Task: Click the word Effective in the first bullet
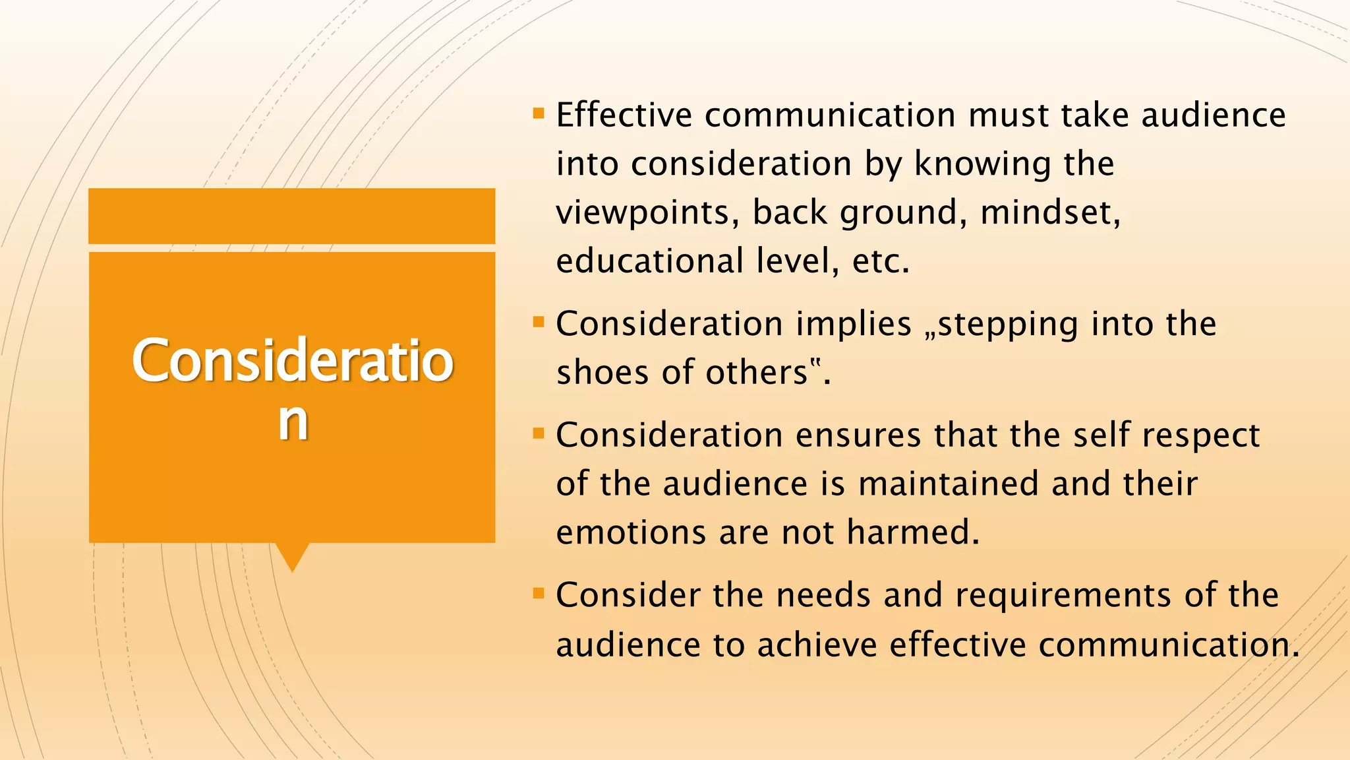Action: (624, 115)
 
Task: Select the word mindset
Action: (1050, 213)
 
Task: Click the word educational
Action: (650, 261)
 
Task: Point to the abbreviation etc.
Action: (881, 262)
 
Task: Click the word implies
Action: (854, 325)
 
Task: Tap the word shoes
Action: (603, 373)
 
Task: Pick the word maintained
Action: (949, 484)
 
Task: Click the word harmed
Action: (913, 533)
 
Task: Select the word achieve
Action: (817, 645)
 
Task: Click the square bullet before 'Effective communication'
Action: (539, 113)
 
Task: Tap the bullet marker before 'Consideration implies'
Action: (539, 323)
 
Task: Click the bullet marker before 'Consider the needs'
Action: (539, 594)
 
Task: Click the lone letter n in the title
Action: (293, 422)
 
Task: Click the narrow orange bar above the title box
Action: (291, 216)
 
